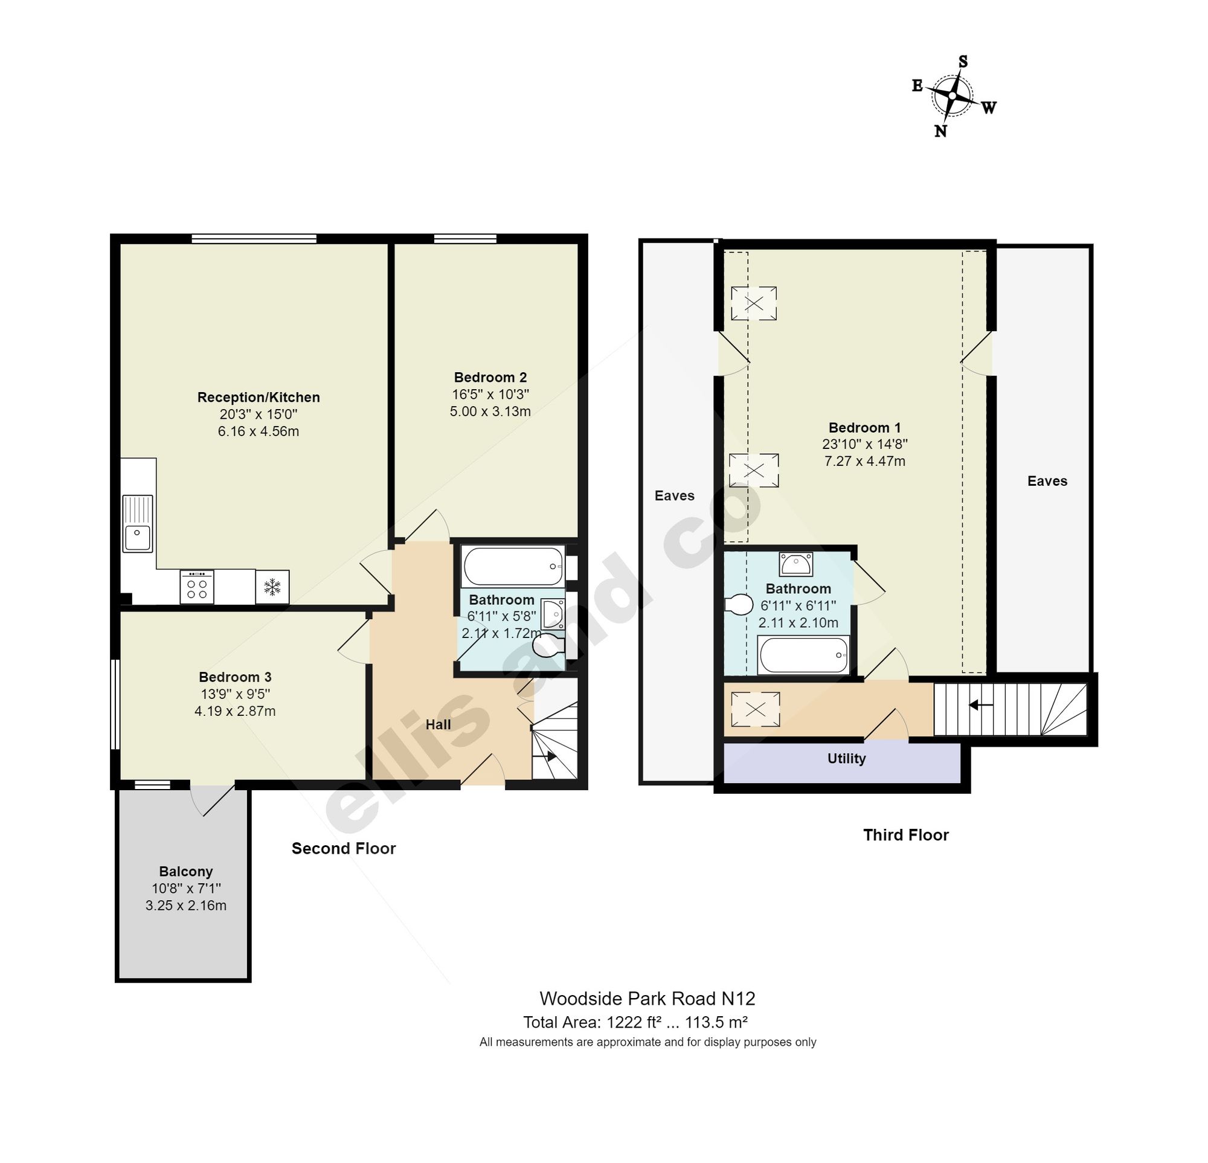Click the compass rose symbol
pos(953,96)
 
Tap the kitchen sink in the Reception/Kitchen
pos(138,523)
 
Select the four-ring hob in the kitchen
pos(197,586)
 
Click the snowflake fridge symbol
pos(272,586)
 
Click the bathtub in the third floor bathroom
pos(804,655)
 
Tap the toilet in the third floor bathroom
pos(738,604)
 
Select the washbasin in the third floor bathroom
pos(795,562)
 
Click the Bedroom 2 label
pos(490,377)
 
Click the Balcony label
pos(185,871)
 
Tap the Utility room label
pos(846,759)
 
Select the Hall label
pos(439,725)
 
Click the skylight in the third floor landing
pos(755,709)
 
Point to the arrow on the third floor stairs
pos(980,704)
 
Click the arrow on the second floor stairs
pos(544,756)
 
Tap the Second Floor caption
pos(344,849)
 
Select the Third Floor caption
pos(906,835)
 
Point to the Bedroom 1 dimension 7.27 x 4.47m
pos(865,461)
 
